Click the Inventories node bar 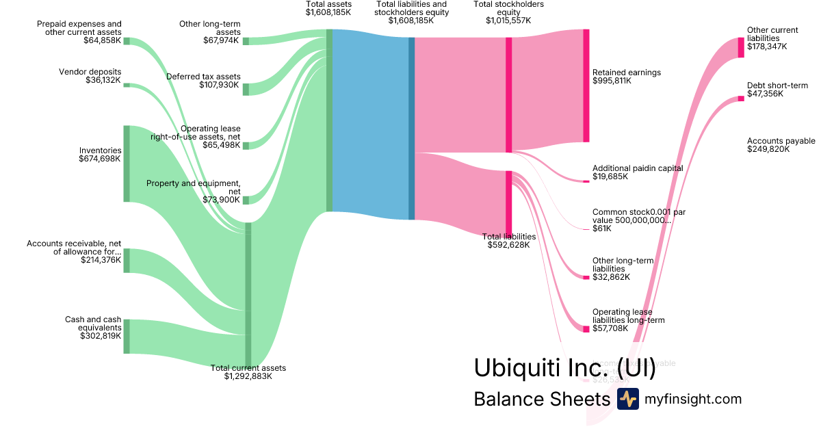[127, 164]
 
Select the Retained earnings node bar [586, 86]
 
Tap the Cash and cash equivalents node [127, 336]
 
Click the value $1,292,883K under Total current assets [248, 376]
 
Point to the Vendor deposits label [90, 72]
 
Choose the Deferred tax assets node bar [246, 90]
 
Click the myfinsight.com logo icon [627, 399]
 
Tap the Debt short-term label [777, 86]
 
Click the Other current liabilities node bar [741, 47]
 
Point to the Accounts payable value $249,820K [768, 149]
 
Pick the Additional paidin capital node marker [586, 181]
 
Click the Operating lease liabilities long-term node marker [586, 329]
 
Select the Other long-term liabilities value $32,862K [611, 277]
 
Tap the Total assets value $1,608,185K [329, 12]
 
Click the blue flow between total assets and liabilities [369, 123]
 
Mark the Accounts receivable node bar [127, 261]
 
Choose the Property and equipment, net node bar [246, 200]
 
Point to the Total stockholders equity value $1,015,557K [508, 21]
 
